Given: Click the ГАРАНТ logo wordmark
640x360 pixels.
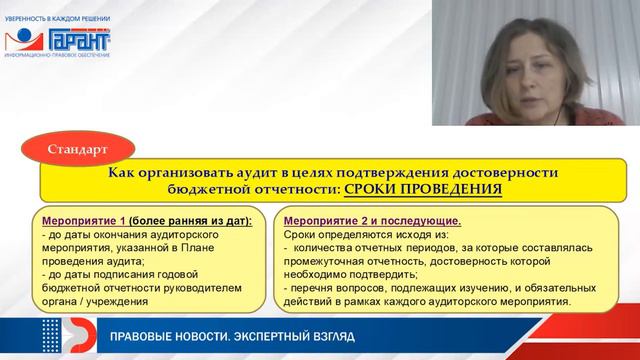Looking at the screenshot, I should point(78,40).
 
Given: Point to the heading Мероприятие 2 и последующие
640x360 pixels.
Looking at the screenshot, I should point(373,219).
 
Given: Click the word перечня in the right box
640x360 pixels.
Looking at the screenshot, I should point(313,288).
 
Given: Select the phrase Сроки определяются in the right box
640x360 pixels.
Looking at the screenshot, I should point(332,232).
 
